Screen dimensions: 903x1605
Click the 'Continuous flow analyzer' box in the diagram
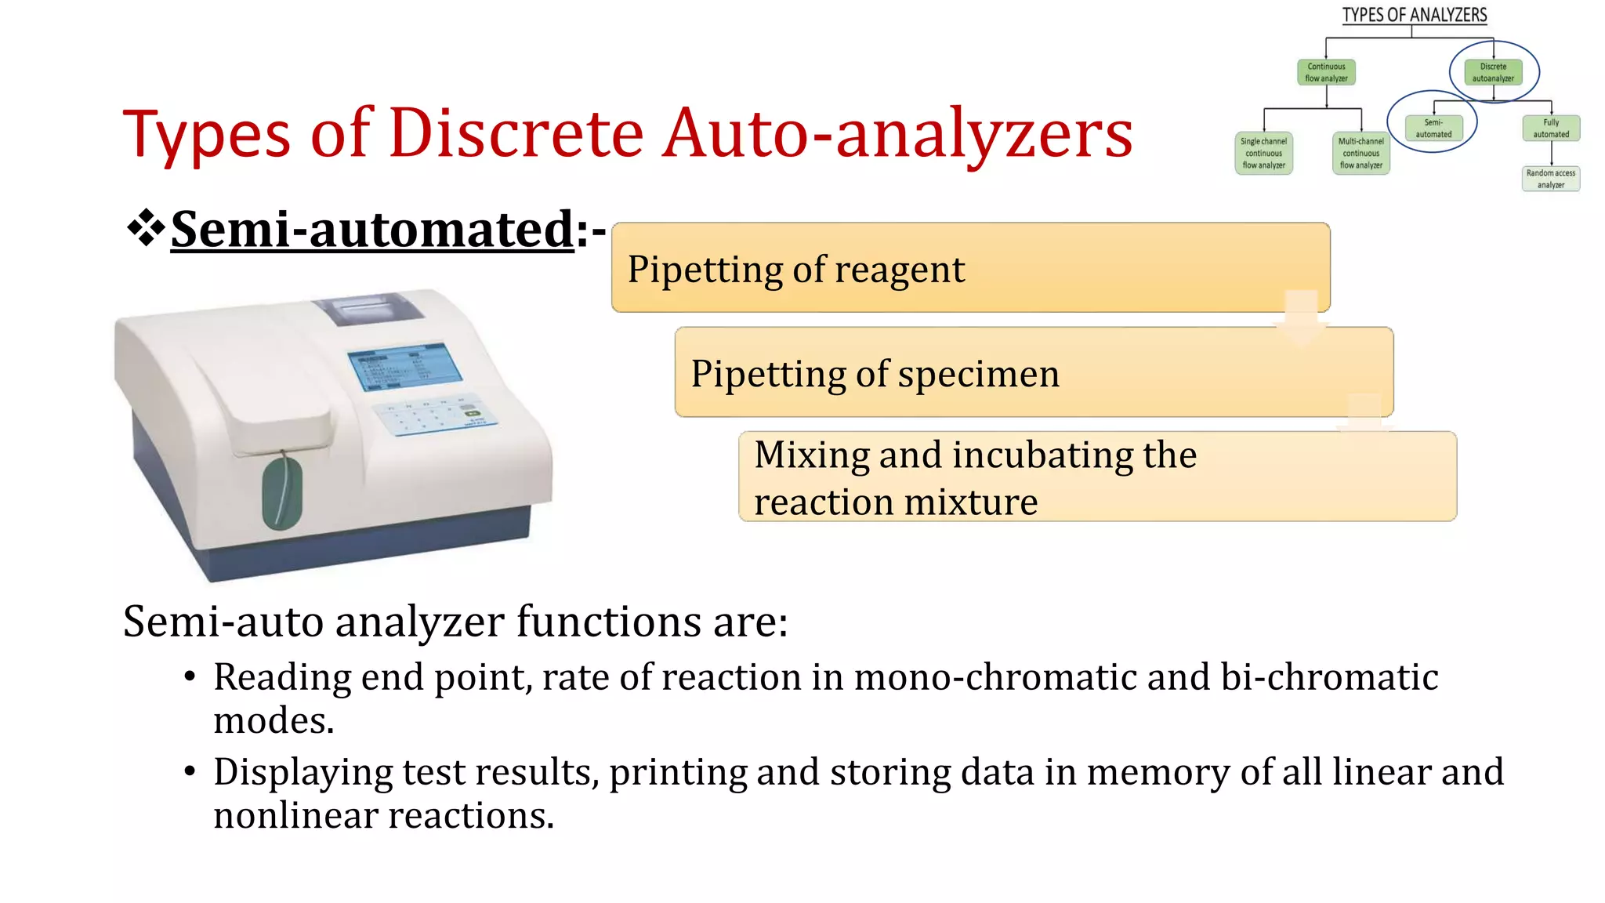coord(1326,72)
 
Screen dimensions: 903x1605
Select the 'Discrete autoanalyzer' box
coord(1492,72)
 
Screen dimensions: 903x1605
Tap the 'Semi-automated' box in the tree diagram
coord(1433,128)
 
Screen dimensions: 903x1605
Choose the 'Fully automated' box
coord(1551,128)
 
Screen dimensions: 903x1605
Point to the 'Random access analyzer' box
coord(1550,179)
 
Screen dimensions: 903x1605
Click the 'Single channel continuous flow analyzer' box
coord(1263,153)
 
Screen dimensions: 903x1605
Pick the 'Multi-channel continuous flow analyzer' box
coord(1360,153)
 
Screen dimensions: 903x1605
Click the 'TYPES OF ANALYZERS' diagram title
coord(1414,15)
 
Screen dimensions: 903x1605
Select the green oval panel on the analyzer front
coord(282,493)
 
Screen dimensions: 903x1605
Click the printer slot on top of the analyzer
coord(368,310)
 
